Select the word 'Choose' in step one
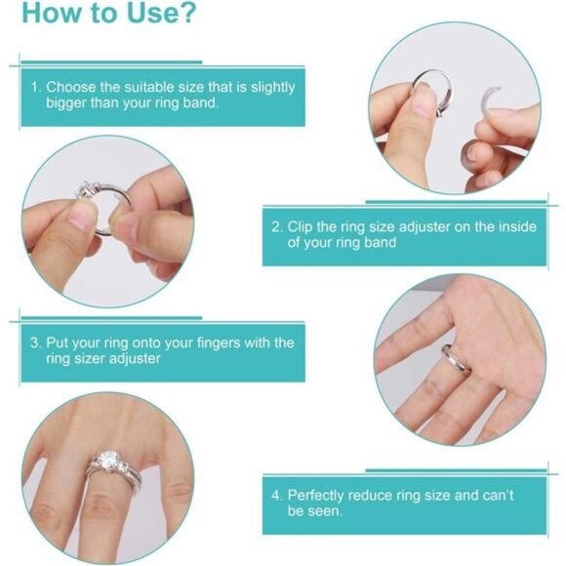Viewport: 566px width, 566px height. click(x=71, y=87)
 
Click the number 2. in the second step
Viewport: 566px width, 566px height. click(x=277, y=226)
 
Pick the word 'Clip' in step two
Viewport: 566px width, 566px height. click(x=302, y=226)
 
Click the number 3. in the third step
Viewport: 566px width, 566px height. click(x=35, y=344)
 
